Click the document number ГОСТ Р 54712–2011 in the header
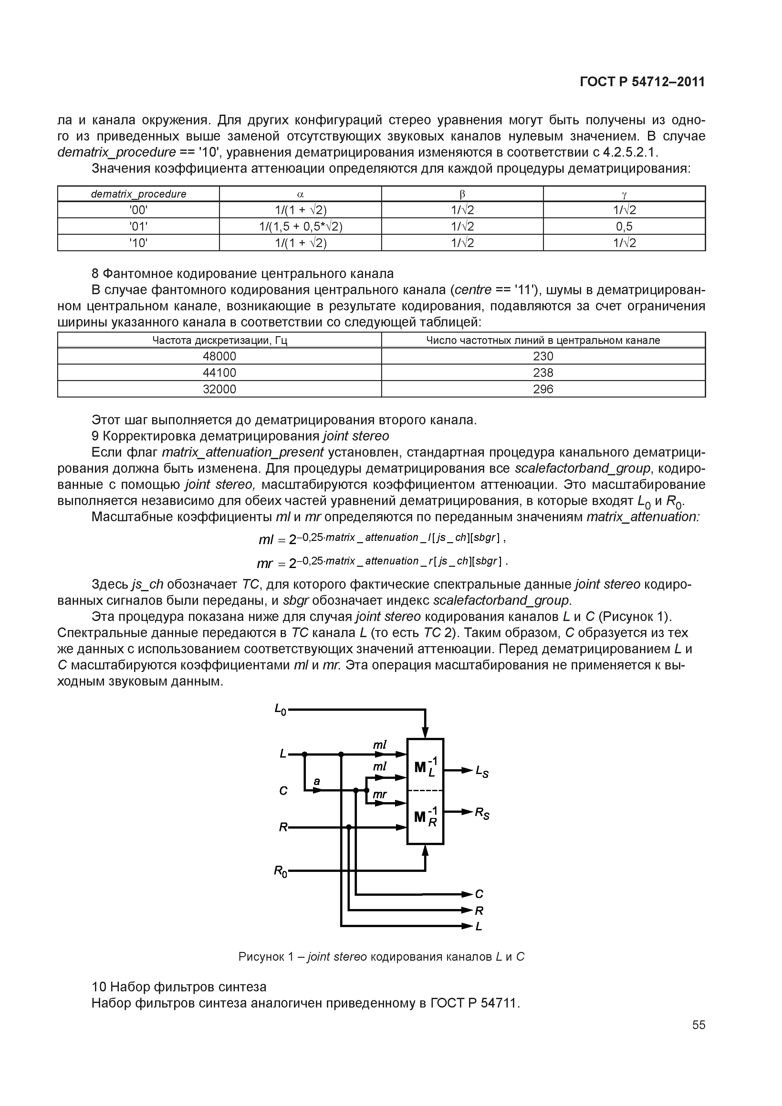point(642,82)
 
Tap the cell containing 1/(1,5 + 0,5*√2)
point(300,226)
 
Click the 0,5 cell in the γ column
point(624,226)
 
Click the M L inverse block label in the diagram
point(425,766)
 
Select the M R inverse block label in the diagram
point(425,816)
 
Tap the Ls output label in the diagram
point(482,772)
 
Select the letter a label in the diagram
point(317,781)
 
